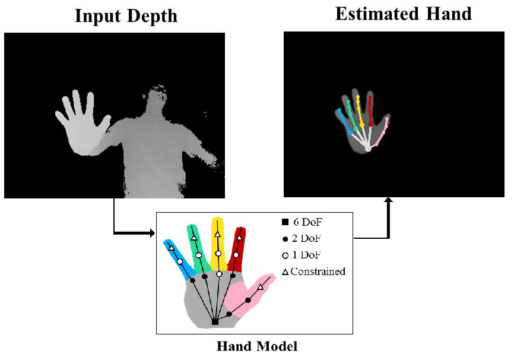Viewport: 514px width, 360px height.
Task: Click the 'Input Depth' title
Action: point(126,16)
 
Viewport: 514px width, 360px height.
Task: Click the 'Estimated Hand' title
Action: point(403,14)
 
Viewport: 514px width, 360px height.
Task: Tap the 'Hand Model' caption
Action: point(256,345)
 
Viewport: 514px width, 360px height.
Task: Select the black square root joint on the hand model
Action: point(215,322)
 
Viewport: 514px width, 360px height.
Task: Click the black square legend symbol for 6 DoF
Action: point(285,223)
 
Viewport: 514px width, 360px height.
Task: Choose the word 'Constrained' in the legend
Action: point(318,271)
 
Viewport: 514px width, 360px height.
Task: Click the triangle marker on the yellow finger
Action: point(217,235)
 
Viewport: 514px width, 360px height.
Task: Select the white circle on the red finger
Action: point(236,255)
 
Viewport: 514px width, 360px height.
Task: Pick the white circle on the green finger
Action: point(198,255)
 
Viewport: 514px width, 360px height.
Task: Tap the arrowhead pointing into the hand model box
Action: point(150,233)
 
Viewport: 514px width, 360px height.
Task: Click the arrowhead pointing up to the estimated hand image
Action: point(389,203)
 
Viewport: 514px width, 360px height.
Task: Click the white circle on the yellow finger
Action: point(218,254)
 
